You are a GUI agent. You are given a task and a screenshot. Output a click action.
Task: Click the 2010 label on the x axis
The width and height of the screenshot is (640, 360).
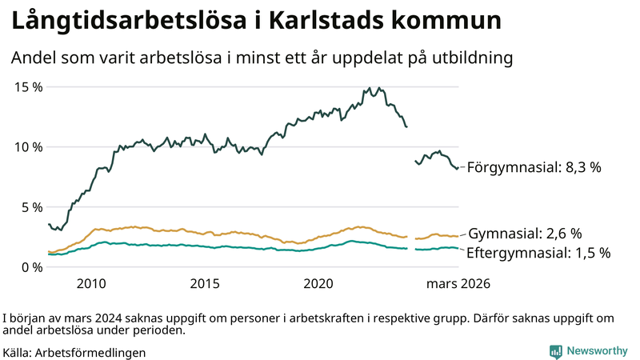point(90,283)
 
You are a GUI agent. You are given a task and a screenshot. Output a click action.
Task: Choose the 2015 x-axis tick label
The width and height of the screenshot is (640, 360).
point(205,283)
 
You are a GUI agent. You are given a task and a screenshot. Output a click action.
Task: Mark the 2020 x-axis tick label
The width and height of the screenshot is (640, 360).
point(319,283)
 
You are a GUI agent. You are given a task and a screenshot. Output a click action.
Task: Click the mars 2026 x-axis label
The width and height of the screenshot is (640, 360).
point(458,283)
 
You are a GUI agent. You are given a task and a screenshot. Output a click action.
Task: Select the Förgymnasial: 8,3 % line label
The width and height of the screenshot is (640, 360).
point(534,168)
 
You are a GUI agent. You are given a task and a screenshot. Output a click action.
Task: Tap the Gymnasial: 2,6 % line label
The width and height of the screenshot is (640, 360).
point(525,234)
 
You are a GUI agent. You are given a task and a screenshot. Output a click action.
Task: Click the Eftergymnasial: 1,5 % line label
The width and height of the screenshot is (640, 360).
point(539,253)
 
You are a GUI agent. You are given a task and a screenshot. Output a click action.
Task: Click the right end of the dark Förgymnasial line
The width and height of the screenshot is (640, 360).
point(457,168)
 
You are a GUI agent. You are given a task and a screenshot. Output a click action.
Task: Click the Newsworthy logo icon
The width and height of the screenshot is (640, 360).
point(555,351)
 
